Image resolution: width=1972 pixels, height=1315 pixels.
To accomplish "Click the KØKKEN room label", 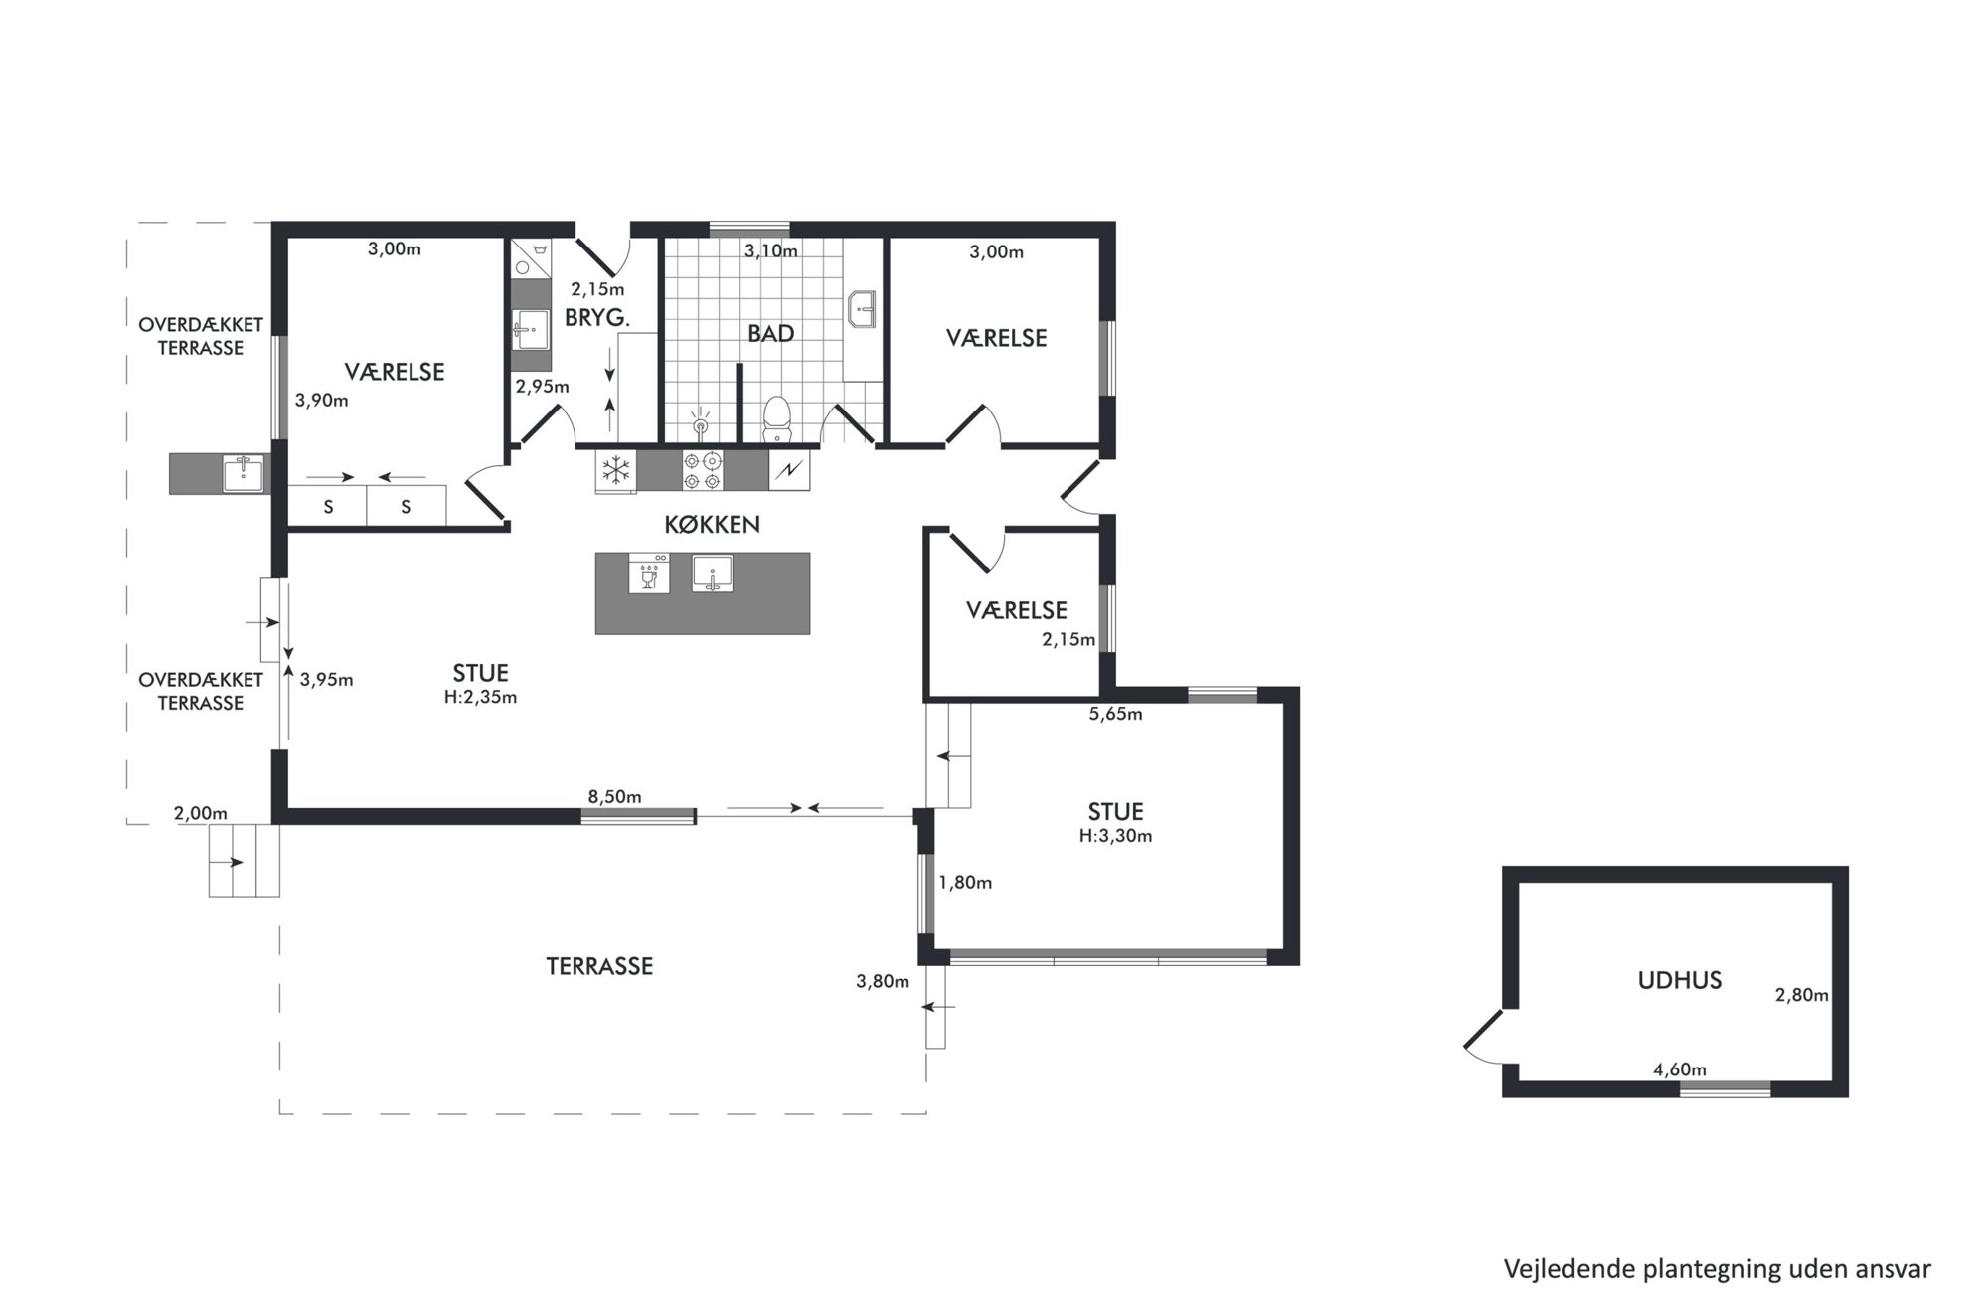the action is [712, 525].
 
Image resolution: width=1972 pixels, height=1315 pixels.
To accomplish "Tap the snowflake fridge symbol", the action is [617, 470].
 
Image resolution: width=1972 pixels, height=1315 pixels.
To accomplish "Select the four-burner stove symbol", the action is [702, 470].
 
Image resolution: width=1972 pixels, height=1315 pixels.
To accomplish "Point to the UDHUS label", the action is [1679, 980].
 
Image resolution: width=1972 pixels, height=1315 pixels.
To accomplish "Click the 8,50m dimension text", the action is [614, 797].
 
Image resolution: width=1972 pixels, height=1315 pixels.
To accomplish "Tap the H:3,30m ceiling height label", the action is [1115, 836].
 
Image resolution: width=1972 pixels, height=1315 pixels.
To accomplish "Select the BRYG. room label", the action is [597, 318].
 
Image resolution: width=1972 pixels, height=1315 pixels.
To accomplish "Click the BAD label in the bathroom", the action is [770, 333].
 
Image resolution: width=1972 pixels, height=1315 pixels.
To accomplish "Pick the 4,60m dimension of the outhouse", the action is [1679, 1069].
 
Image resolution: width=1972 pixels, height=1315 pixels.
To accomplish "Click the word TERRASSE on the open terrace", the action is [599, 966].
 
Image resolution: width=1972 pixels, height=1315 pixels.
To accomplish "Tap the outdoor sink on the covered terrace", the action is [243, 473].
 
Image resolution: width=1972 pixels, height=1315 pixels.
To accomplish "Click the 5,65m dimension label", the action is [1115, 714].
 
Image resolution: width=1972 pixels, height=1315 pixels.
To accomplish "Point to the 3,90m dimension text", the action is [322, 401].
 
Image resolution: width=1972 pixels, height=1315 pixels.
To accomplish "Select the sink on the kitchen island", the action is [712, 574].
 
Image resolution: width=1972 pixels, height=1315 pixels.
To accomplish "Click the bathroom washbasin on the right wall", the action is [861, 309].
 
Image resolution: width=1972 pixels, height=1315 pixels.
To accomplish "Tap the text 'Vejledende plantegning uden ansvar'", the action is [1717, 1269].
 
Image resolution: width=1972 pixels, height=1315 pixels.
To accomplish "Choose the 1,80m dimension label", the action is [965, 883].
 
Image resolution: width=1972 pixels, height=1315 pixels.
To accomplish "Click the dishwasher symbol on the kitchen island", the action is [649, 574].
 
